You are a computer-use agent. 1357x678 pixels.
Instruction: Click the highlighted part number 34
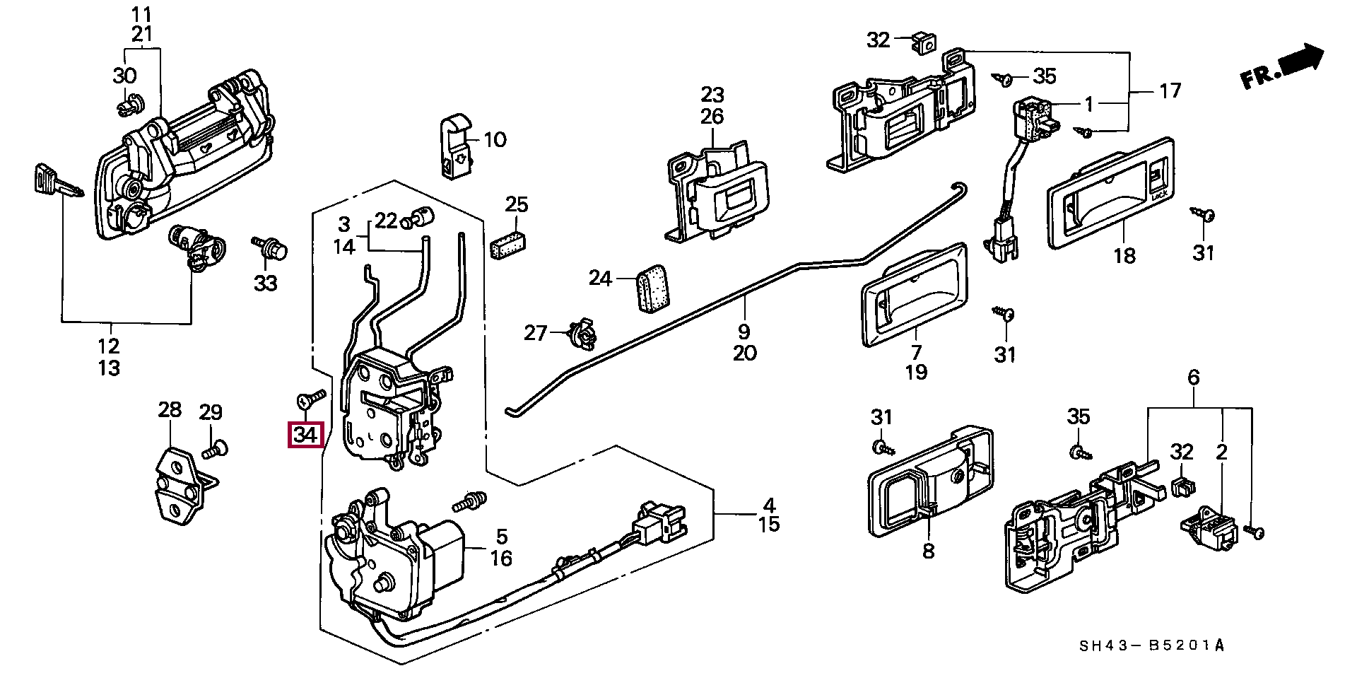[305, 435]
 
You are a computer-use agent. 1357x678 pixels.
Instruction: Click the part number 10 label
[495, 139]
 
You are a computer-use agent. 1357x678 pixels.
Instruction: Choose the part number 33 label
[266, 284]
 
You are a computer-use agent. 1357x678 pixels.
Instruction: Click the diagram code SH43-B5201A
[1152, 645]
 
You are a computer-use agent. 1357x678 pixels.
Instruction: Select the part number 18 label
[1124, 256]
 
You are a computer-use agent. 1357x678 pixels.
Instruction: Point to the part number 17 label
[1170, 90]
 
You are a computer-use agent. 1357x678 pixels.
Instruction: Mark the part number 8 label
[928, 551]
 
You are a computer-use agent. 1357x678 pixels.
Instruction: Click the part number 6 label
[1194, 378]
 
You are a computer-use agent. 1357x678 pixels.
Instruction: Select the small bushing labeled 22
[418, 216]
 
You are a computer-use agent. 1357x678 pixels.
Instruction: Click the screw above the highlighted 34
[310, 399]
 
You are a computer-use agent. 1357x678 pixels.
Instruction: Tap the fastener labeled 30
[129, 105]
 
